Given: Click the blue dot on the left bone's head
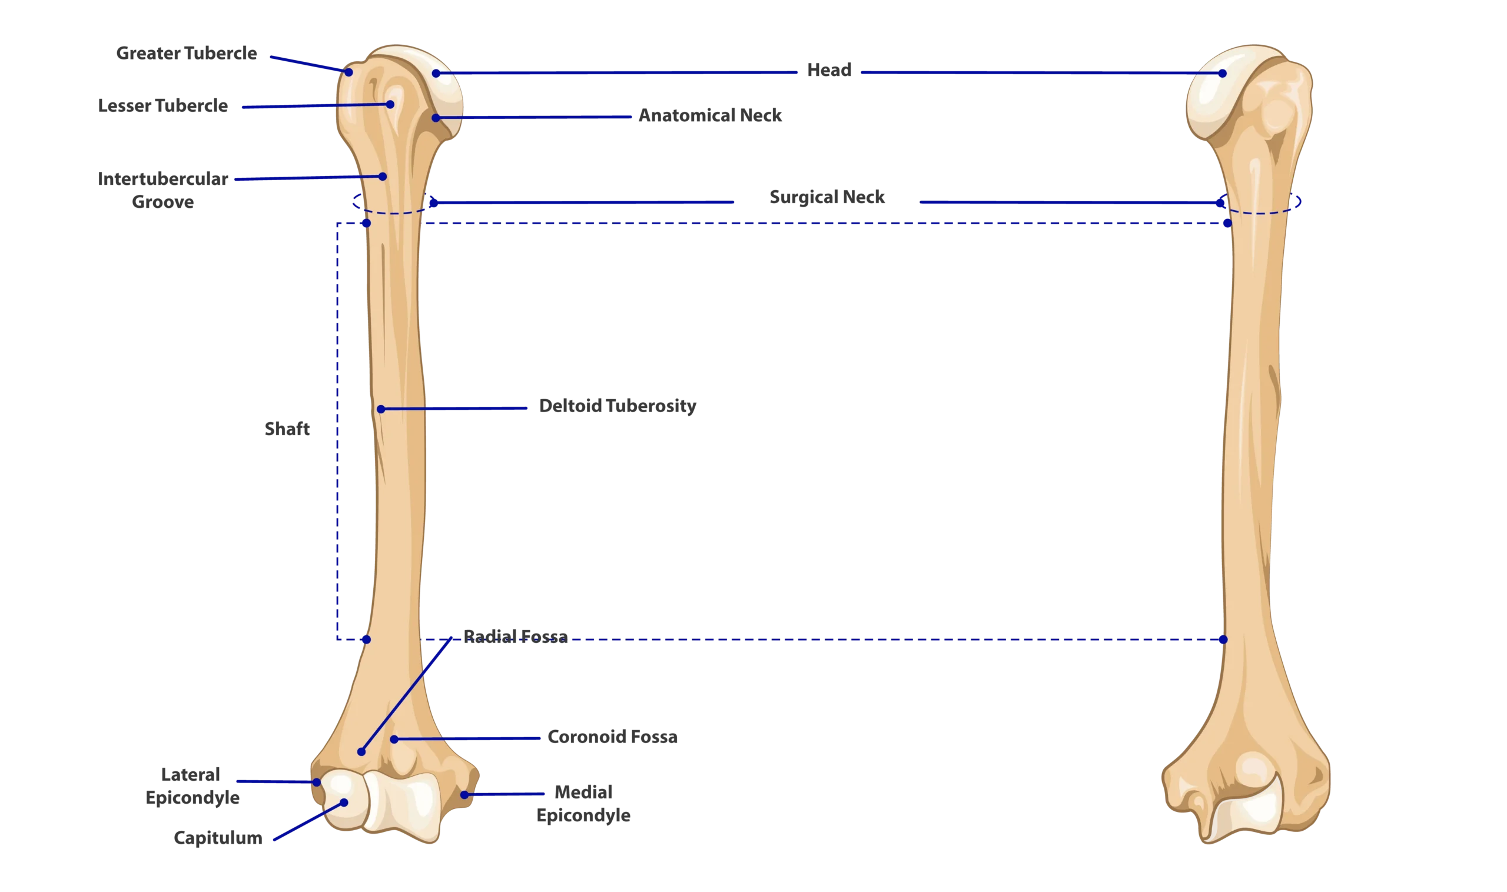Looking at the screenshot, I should tap(436, 74).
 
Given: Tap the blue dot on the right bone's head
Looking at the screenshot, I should tap(1222, 74).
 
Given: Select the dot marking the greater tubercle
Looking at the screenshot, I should tap(348, 72).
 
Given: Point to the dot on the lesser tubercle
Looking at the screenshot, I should tap(390, 105).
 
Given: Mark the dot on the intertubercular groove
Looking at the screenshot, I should tap(382, 177).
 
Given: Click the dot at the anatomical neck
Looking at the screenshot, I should tap(436, 118).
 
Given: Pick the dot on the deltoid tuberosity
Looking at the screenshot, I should tap(380, 409).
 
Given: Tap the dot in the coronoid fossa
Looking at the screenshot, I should tap(394, 739).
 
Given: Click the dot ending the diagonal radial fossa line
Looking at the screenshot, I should tap(361, 752).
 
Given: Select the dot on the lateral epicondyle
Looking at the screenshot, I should tap(317, 782).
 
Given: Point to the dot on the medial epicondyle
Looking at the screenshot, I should tap(464, 795).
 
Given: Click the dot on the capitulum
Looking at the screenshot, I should tap(344, 803).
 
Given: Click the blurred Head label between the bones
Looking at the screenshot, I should tap(829, 73).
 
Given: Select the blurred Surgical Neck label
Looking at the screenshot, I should tap(828, 200).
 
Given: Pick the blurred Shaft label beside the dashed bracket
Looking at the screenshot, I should tap(287, 429).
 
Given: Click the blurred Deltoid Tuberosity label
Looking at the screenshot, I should tap(616, 407).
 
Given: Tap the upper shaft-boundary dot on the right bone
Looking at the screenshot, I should tap(1227, 223).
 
